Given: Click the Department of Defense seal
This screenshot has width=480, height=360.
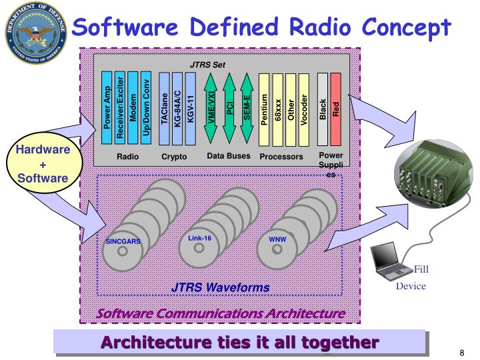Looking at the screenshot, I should pyautogui.click(x=35, y=35).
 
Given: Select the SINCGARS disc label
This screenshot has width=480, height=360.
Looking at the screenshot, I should pyautogui.click(x=124, y=241).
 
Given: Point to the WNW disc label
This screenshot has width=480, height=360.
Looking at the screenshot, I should pyautogui.click(x=276, y=238).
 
